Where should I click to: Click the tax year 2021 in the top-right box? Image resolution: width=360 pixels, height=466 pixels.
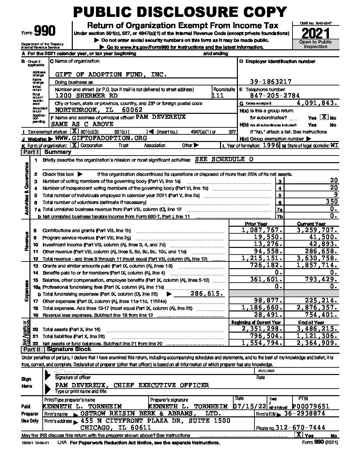point(316,33)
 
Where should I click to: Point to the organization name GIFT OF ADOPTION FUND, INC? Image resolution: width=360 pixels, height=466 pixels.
point(111,75)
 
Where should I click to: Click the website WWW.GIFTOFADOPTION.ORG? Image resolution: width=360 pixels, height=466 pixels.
point(101,138)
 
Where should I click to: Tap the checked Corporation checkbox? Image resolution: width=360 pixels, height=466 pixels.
point(75,145)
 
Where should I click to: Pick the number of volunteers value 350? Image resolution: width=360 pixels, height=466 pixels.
point(331,202)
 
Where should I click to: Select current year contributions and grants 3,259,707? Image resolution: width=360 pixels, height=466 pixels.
point(317,230)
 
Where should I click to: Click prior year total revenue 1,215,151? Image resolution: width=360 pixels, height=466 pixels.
point(262,258)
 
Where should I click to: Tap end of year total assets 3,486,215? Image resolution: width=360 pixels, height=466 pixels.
point(317,329)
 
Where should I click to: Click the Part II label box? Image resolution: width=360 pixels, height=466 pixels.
point(31,349)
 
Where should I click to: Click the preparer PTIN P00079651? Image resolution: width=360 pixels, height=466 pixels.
point(311,406)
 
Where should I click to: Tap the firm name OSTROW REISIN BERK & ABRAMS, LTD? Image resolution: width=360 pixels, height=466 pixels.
point(151,414)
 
